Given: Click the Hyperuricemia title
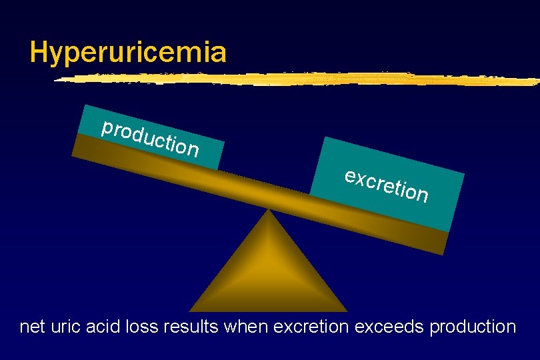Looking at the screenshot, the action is coord(128,52).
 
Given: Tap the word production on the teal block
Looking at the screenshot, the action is coord(150,137).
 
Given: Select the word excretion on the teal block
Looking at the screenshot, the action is coord(387,185).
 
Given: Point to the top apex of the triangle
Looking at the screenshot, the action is coord(268,211).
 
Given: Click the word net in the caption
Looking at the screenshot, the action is coord(32,327).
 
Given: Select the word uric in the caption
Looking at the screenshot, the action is coord(66,327).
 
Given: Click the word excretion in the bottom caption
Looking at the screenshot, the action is coord(311,327).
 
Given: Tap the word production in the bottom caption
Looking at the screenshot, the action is coord(473,327).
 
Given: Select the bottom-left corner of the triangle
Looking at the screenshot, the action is coord(191,310).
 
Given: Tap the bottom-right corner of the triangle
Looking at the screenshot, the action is coord(346,310).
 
